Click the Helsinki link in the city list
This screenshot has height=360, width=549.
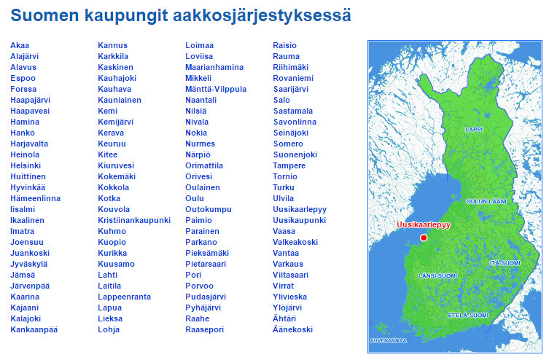pos(25,165)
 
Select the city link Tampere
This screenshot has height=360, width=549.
pos(289,165)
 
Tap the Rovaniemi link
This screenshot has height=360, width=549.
pos(293,78)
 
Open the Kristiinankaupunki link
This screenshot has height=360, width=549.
pos(134,220)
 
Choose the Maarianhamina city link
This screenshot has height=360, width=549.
pos(214,67)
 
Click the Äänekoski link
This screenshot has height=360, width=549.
pos(292,329)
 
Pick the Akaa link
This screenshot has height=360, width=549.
pos(20,45)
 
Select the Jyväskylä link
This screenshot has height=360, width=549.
pos(28,264)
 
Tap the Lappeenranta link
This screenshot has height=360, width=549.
pos(125,297)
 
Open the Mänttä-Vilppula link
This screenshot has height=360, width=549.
pos(216,89)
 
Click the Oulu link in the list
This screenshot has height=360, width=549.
pos(195,198)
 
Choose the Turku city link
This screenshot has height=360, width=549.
pos(284,187)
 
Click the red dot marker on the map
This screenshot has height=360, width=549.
pos(424,238)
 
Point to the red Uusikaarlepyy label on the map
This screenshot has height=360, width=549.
pos(424,225)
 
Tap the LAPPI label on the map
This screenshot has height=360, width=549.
pos(474,129)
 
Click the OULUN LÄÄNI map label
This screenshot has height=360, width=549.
pos(486,200)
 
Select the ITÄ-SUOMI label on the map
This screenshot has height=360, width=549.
pos(505,262)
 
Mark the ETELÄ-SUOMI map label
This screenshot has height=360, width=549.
pos(467,315)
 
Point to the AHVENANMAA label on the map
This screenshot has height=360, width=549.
pos(389,340)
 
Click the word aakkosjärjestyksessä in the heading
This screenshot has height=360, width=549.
pos(262,15)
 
